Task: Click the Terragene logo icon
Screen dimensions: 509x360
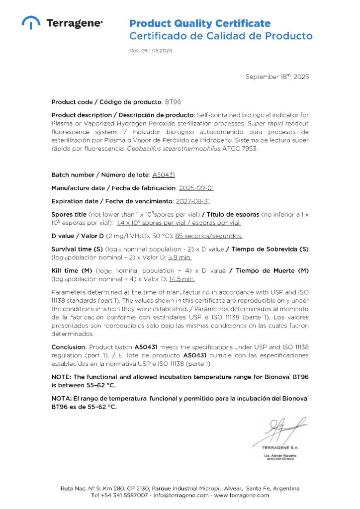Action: tap(31, 22)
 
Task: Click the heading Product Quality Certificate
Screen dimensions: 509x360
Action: tap(200, 23)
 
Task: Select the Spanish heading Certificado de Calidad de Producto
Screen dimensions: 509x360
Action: tap(221, 36)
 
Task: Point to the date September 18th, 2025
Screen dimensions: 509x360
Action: tap(277, 77)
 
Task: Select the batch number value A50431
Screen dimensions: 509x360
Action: tap(163, 175)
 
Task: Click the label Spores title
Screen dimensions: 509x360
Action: tap(72, 214)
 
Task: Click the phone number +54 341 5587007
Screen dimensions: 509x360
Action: tap(125, 495)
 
